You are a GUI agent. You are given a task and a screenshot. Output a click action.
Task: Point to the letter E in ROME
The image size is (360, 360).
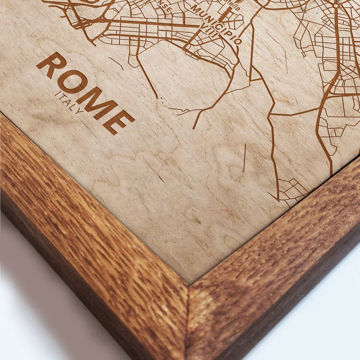[120, 119]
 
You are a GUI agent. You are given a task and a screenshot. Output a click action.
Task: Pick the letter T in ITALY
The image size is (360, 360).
[63, 98]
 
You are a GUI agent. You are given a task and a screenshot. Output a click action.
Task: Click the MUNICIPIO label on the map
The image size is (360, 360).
[216, 24]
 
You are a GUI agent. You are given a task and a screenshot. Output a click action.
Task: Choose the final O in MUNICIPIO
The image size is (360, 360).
[238, 40]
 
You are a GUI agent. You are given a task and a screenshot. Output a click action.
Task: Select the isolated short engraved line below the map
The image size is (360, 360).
[244, 158]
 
